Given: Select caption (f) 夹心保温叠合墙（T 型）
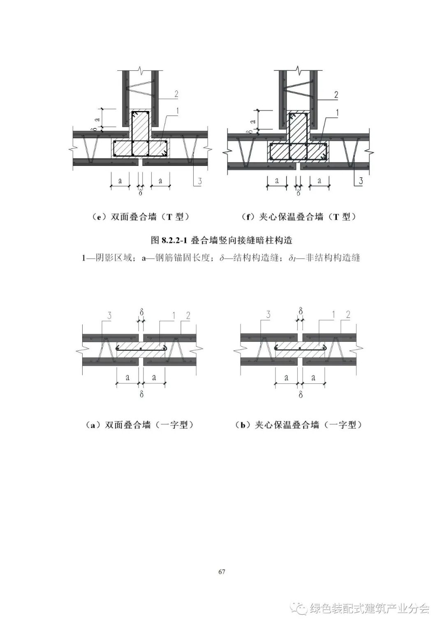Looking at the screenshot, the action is [299, 217].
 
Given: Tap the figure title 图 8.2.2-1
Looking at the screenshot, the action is [222, 240].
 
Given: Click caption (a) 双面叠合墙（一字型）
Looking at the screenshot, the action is [140, 425].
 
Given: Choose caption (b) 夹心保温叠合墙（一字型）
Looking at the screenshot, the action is [299, 425].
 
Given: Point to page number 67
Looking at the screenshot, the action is [222, 572].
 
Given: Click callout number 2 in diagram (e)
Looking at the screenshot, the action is [176, 94].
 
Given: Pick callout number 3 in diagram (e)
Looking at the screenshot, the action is [199, 181].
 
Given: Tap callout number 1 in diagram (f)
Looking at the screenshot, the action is [337, 112].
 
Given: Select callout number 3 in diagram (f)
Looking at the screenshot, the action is [361, 181].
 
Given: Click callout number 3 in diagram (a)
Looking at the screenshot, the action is [109, 315].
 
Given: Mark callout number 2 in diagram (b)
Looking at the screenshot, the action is [348, 315].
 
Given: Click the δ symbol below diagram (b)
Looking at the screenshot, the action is [301, 394].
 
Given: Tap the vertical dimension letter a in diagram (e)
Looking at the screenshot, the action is [97, 118].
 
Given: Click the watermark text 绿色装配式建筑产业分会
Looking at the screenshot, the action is [370, 608].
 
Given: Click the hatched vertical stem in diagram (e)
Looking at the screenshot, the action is [141, 125].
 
